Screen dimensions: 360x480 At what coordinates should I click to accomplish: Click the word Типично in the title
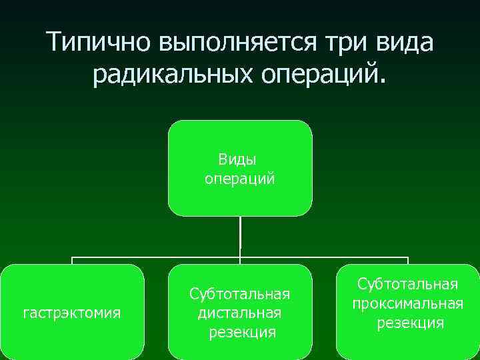(99, 43)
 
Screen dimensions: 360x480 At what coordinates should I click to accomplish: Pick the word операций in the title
(326, 75)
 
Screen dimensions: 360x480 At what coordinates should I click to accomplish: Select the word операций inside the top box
(239, 179)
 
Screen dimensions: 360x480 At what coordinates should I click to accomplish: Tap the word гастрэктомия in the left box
(72, 313)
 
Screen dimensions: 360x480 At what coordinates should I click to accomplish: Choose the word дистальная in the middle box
(240, 313)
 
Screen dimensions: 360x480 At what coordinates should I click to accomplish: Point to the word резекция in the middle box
(241, 331)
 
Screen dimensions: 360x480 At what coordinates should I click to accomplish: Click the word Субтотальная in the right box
(408, 285)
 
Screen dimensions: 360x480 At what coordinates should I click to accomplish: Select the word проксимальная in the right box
(408, 303)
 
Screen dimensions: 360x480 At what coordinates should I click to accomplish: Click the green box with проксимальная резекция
(408, 343)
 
